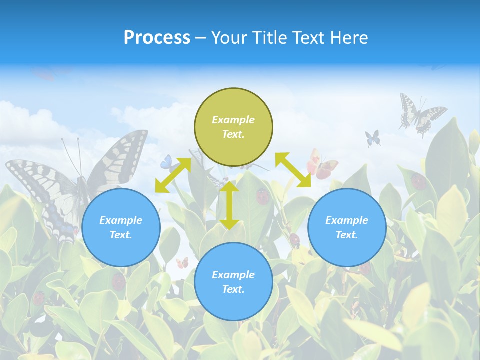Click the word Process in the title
(x=157, y=38)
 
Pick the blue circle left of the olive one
(x=121, y=227)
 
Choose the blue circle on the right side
(x=347, y=227)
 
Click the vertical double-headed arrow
(x=229, y=205)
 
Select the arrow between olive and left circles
(x=173, y=175)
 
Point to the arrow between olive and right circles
(x=293, y=170)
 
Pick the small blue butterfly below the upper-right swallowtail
(x=373, y=138)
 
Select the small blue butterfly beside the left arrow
(x=166, y=163)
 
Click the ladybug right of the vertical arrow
(x=263, y=196)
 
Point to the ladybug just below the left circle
(x=118, y=282)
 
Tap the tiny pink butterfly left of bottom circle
(x=182, y=262)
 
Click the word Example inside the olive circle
(x=233, y=120)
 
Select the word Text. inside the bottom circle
(x=233, y=289)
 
